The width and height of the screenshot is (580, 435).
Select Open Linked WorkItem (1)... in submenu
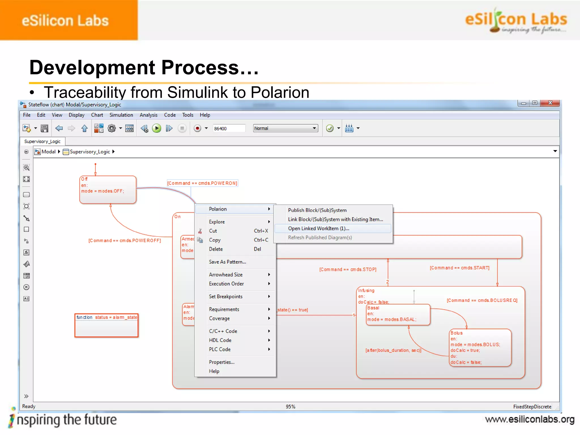(318, 229)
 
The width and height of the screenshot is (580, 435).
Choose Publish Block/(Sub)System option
(317, 210)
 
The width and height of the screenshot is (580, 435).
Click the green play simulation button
(157, 128)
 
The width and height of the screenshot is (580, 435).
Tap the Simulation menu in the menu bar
(121, 115)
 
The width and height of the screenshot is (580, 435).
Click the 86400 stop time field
(228, 128)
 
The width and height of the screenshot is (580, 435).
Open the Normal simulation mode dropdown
(285, 128)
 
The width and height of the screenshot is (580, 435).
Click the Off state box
(108, 190)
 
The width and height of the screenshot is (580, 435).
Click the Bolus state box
(480, 348)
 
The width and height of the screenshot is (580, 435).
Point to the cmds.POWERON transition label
(202, 183)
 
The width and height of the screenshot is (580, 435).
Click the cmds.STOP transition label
(347, 269)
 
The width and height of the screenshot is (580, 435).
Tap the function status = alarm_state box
(106, 325)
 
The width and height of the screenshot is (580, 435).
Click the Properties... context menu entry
(221, 362)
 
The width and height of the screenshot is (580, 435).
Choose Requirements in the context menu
(224, 309)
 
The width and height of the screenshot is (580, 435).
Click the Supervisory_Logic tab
(42, 141)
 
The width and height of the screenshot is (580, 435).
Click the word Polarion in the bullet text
(280, 92)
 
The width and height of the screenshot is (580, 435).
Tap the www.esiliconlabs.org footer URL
(530, 419)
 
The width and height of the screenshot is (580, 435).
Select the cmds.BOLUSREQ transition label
(482, 300)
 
